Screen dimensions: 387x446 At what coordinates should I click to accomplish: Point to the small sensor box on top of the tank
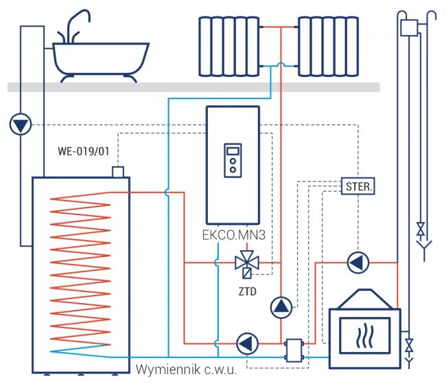point(117,170)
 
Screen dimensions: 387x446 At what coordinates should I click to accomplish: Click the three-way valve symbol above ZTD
point(245,263)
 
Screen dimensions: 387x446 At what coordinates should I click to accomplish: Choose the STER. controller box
point(359,186)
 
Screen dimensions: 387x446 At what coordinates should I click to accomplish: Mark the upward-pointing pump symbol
point(281,307)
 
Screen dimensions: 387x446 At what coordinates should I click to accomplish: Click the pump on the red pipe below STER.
point(357,263)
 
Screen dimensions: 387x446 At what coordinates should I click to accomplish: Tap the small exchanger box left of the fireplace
point(295,348)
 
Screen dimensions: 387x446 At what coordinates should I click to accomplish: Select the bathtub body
point(101,58)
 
